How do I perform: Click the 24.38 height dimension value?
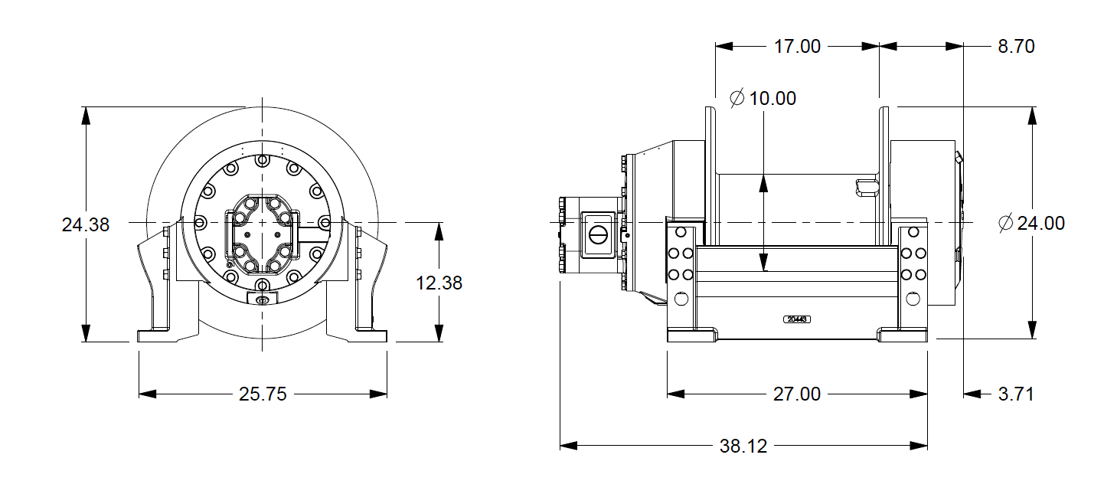pyautogui.click(x=85, y=225)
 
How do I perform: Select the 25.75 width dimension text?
pyautogui.click(x=263, y=394)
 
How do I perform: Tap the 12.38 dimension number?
pyautogui.click(x=439, y=283)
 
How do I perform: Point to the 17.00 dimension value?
pyautogui.click(x=797, y=47)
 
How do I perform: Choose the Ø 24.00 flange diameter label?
pyautogui.click(x=1031, y=224)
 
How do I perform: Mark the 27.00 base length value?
pyautogui.click(x=797, y=394)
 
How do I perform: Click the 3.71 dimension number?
pyautogui.click(x=1016, y=394)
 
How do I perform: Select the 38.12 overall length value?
pyautogui.click(x=743, y=446)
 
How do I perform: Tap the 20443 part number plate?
pyautogui.click(x=797, y=319)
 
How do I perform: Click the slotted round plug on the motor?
pyautogui.click(x=599, y=233)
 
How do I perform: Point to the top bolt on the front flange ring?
pyautogui.click(x=262, y=161)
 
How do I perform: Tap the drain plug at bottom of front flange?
pyautogui.click(x=262, y=299)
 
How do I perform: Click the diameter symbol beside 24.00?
pyautogui.click(x=1006, y=224)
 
